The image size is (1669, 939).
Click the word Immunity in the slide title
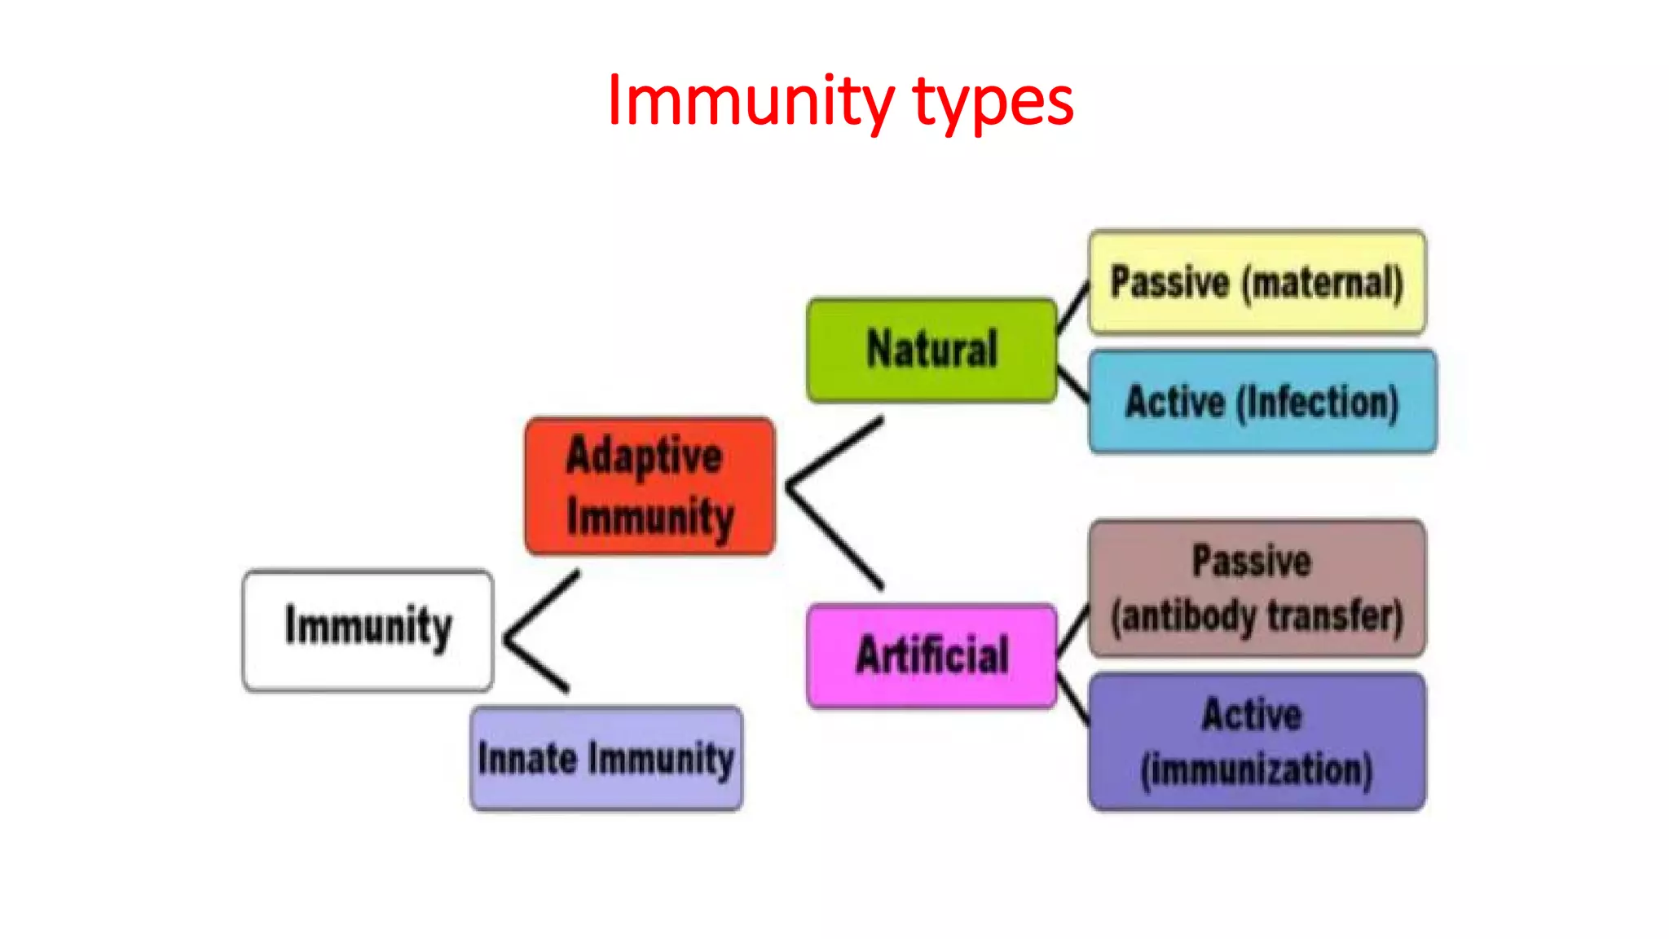pos(750,101)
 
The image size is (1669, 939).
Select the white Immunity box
pos(368,630)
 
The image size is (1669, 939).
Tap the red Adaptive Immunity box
pos(650,486)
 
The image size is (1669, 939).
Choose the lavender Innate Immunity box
pos(606,758)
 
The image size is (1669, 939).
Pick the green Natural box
pos(931,350)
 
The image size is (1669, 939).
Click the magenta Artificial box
pos(931,655)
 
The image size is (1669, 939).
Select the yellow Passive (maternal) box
pos(1257,282)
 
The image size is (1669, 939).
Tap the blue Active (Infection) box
pos(1262,401)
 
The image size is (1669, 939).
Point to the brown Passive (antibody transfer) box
pos(1257,588)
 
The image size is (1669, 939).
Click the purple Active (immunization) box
pos(1257,741)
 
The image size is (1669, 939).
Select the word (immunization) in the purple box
pos(1257,769)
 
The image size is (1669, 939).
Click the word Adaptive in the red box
pos(644,455)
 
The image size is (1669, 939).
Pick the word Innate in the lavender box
pos(527,758)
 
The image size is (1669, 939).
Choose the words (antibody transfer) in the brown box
pos(1257,615)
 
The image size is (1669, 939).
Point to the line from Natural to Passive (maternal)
pos(1073,307)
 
